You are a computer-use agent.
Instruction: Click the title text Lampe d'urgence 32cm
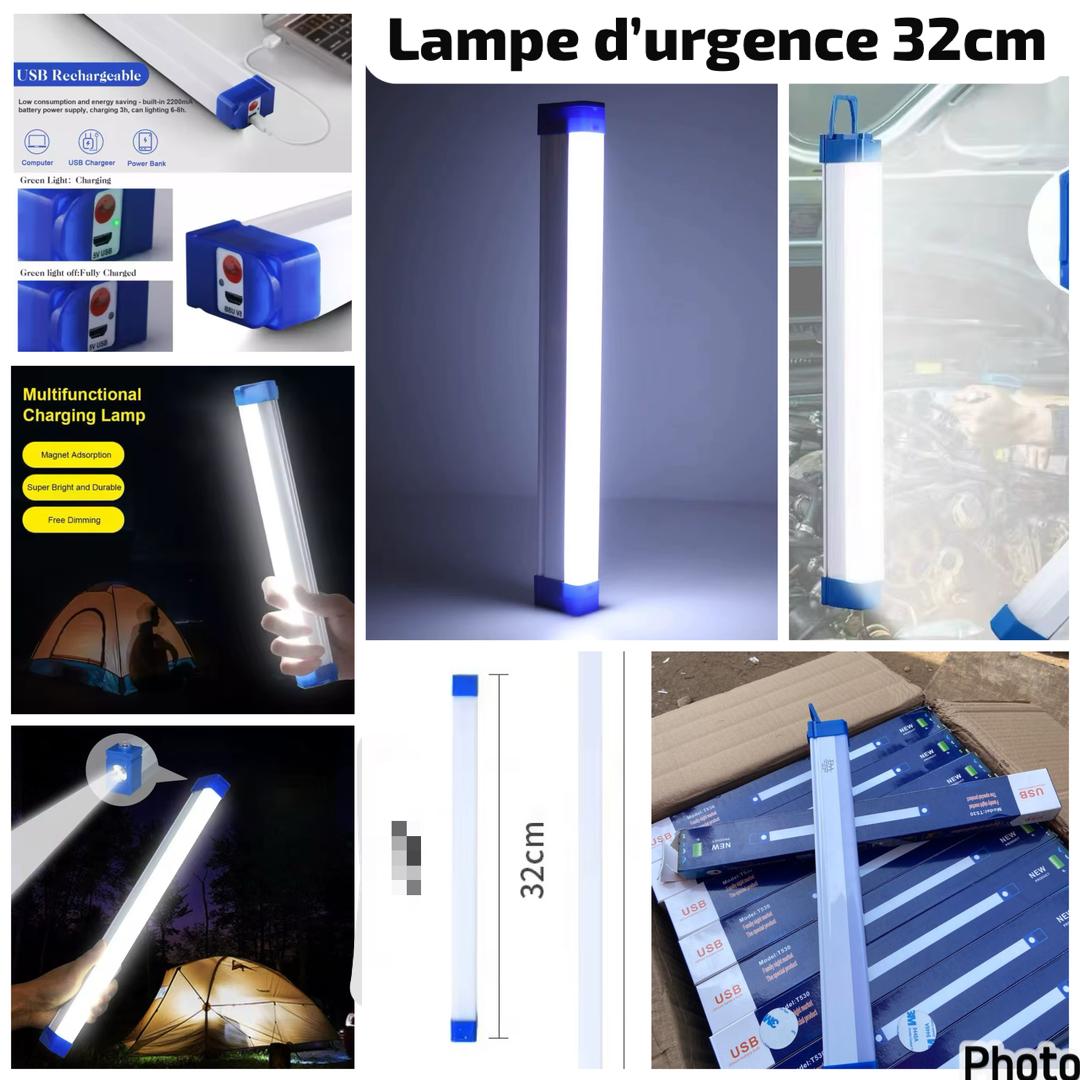716,41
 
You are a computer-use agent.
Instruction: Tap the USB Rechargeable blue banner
81,75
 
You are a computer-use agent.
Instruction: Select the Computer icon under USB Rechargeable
37,142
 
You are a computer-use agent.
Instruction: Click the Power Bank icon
145,142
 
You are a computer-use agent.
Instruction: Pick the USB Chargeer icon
91,142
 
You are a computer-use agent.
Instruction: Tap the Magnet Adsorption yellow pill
74,455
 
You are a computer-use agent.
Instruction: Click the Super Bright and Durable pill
74,487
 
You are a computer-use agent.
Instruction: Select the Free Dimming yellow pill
74,520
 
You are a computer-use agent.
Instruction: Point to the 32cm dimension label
533,859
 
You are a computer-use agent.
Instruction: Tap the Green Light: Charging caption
65,180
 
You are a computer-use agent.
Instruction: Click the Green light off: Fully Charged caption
78,272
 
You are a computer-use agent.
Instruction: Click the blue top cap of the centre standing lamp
571,118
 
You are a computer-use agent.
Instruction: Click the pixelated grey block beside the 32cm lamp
405,857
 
